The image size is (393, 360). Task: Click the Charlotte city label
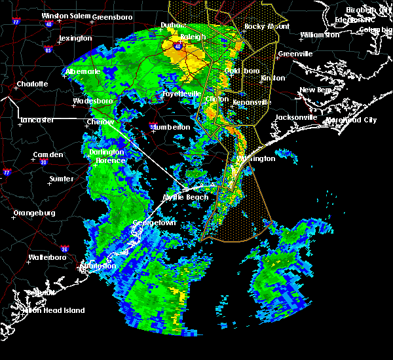coord(33,84)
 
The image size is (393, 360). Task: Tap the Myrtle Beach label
coord(185,197)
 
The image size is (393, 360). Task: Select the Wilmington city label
coord(255,158)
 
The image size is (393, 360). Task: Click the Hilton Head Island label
coord(56,310)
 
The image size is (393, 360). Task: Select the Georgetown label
coord(155,223)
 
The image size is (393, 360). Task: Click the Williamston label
coord(320,34)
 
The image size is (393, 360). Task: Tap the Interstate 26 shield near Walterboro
coord(65,249)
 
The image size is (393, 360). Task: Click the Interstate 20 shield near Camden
coord(43,162)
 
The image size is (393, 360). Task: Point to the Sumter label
coord(62,178)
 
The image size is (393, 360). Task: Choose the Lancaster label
coord(37,120)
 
